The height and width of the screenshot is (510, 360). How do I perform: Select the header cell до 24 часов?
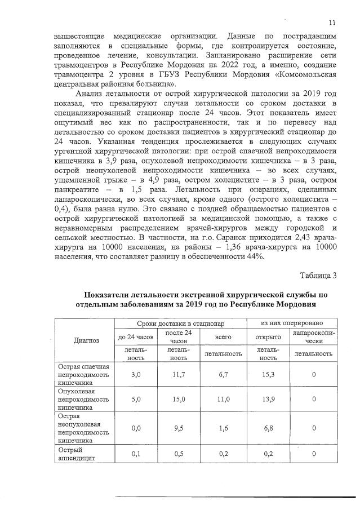(x=135, y=337)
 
